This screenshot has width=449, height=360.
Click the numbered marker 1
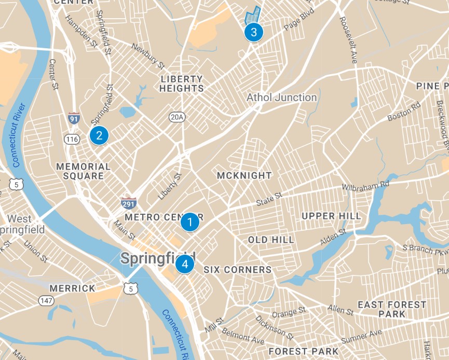(190, 223)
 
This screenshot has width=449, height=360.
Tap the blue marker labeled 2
(99, 135)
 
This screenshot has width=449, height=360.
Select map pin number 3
(253, 32)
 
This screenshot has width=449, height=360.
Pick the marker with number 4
(184, 264)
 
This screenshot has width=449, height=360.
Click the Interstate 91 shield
(74, 118)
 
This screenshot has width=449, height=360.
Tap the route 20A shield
(176, 117)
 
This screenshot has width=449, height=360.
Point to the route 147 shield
(45, 300)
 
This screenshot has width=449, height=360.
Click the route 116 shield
(71, 139)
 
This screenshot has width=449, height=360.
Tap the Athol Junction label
(281, 98)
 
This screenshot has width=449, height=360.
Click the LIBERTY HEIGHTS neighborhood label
(182, 84)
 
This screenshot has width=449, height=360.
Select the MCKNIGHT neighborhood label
(244, 175)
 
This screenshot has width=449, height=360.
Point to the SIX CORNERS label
(237, 270)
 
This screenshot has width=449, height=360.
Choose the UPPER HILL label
(331, 216)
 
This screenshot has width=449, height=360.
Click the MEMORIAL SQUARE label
(83, 171)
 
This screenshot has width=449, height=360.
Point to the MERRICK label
(73, 288)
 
